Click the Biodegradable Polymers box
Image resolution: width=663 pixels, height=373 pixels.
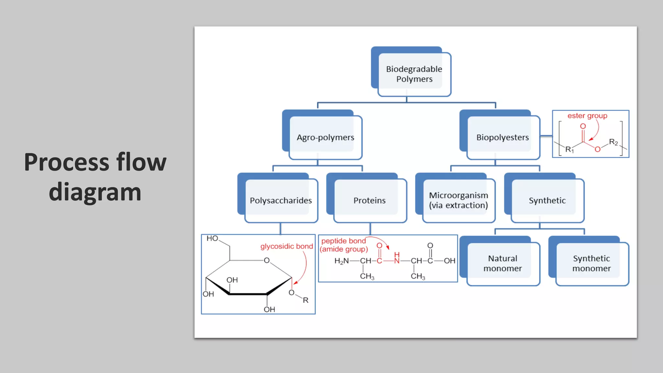click(414, 74)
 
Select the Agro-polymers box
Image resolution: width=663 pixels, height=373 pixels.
click(325, 137)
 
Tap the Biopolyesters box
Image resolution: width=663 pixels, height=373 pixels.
click(502, 137)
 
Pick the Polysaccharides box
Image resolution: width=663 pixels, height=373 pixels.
click(281, 200)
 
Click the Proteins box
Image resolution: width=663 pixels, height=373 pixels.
click(369, 200)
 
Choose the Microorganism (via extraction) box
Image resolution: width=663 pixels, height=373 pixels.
click(458, 200)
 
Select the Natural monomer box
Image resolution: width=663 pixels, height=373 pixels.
click(502, 263)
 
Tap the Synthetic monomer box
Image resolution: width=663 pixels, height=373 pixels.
click(591, 263)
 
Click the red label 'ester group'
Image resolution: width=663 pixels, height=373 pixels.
click(587, 116)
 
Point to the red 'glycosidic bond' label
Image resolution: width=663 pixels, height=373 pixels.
click(287, 246)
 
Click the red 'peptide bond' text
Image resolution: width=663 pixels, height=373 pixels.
click(343, 241)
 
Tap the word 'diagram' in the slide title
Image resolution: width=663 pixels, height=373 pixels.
click(95, 192)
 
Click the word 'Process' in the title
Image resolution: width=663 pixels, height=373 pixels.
click(66, 162)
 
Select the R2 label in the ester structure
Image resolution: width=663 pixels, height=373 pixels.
click(613, 142)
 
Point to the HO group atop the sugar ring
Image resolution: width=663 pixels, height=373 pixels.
click(212, 238)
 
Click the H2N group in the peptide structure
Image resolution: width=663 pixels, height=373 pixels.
click(341, 261)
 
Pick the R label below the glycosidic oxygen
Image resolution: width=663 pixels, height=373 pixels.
click(305, 300)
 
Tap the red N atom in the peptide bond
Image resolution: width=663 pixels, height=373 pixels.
click(397, 261)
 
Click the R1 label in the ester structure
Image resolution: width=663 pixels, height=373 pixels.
click(569, 150)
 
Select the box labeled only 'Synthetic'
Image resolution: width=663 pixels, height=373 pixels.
click(547, 200)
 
